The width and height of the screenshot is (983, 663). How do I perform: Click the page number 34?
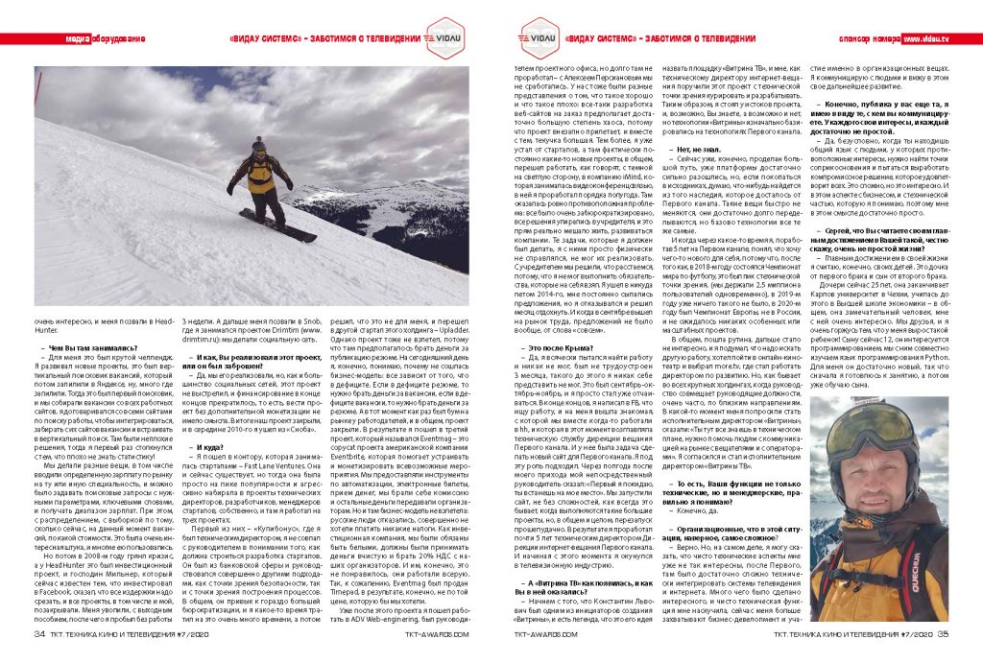point(41,633)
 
